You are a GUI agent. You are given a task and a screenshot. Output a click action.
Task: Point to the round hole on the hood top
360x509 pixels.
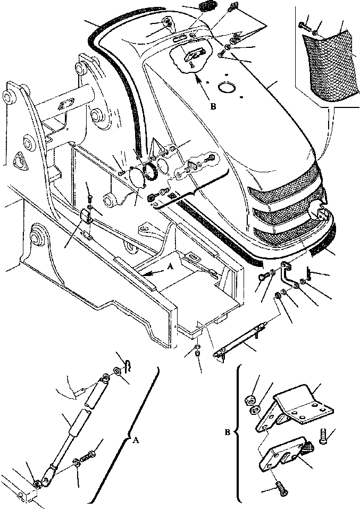(x=230, y=88)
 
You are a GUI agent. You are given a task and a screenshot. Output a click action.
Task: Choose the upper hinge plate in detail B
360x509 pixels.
(x=300, y=408)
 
